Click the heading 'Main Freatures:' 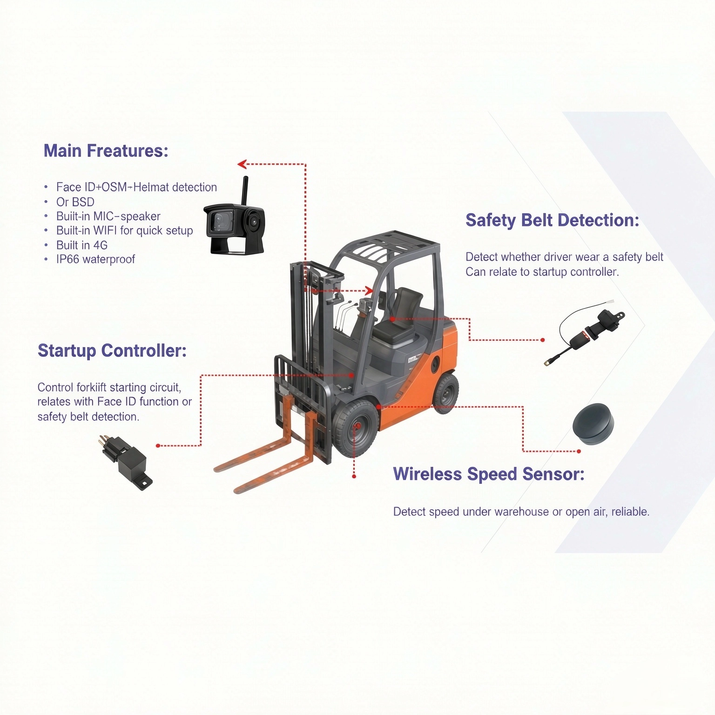[x=106, y=151]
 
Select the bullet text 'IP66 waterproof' [x=95, y=259]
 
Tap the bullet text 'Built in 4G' [x=82, y=245]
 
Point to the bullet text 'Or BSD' [x=75, y=202]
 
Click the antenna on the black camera [x=244, y=190]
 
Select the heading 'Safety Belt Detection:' [x=553, y=220]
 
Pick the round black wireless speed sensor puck [x=593, y=424]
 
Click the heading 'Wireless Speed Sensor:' [x=489, y=474]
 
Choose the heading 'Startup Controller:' [x=112, y=351]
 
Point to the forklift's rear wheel [x=445, y=393]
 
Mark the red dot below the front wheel [x=354, y=476]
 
